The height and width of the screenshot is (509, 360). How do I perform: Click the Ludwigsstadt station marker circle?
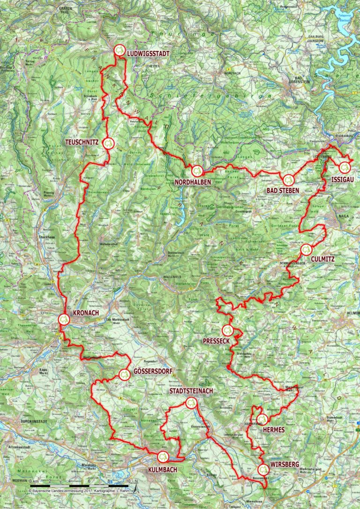coord(120,50)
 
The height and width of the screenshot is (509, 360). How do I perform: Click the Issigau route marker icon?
coord(345,167)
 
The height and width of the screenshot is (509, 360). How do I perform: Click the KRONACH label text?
coord(87,313)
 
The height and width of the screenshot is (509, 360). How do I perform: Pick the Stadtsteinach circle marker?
coord(191,402)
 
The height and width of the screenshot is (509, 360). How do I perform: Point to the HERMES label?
coord(274,429)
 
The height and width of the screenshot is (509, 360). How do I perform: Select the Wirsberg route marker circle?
coord(263,468)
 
